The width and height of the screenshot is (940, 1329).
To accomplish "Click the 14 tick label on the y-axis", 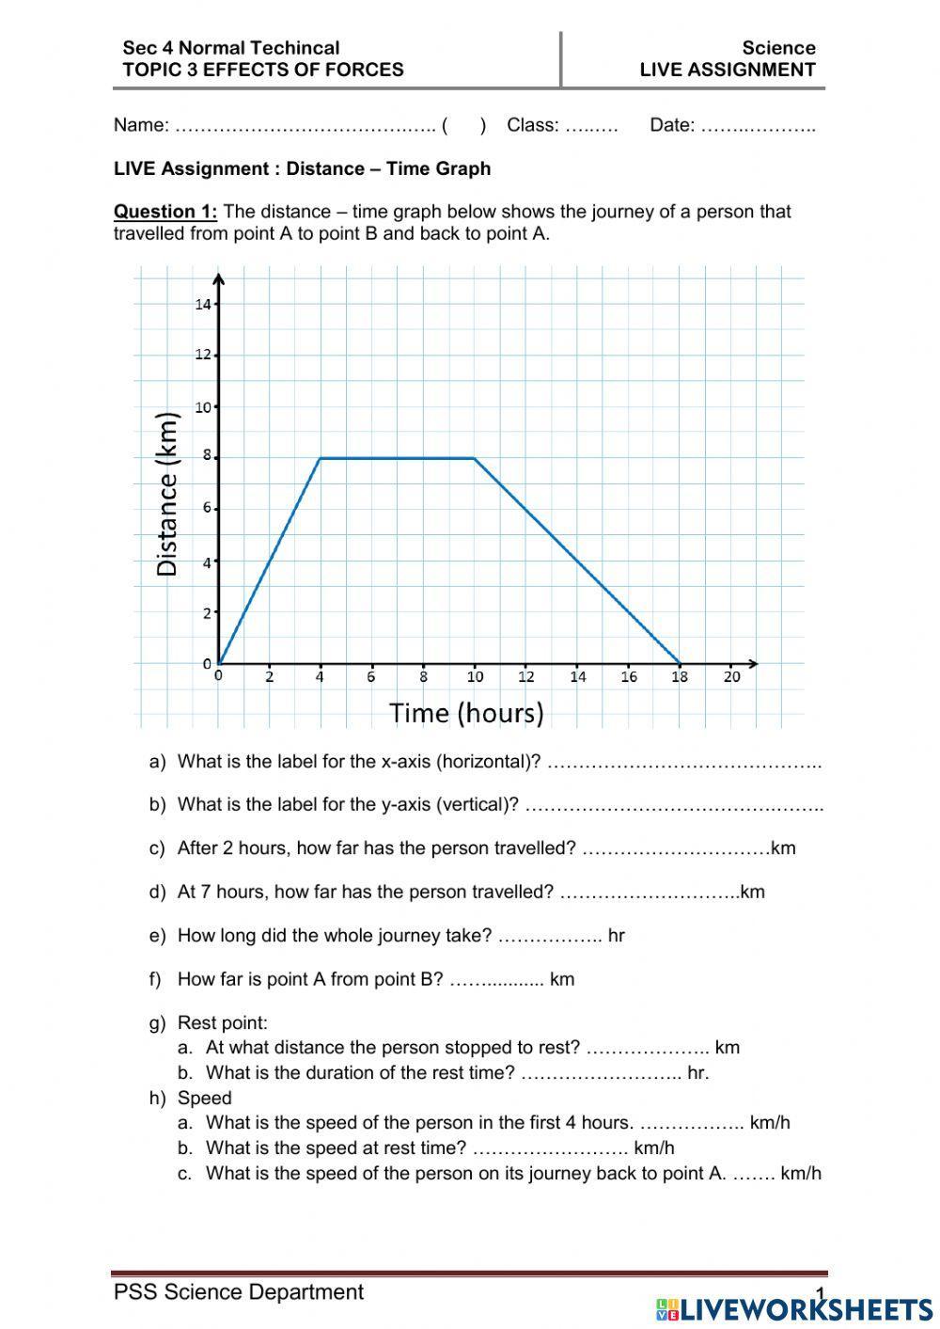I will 203,304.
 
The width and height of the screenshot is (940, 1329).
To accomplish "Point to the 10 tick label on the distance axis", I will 203,407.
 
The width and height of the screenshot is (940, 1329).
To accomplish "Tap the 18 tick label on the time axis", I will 680,676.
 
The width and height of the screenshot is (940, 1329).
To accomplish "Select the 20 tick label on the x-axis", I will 731,676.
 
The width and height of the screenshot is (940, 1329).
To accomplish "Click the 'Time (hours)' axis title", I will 467,713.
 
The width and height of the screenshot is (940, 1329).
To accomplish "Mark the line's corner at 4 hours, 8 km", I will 321,458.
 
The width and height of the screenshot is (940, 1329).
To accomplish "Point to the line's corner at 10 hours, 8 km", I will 474,458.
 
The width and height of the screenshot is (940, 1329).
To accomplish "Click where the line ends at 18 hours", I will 680,663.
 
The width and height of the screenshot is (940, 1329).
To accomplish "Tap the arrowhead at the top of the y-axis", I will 218,277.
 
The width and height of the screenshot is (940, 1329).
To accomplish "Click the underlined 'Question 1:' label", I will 165,212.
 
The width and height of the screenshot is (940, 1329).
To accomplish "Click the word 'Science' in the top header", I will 778,48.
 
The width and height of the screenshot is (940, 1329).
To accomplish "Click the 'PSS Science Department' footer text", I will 239,1292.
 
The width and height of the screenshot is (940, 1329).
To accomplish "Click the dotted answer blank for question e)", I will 549,936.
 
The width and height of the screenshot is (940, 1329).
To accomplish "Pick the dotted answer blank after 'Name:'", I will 305,126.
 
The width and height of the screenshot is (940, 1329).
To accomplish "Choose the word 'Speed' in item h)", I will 204,1098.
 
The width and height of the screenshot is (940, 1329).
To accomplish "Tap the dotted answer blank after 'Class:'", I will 591,126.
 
